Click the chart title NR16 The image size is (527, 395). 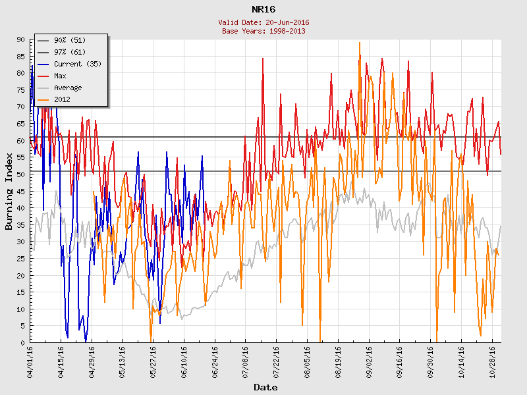pos(263,9)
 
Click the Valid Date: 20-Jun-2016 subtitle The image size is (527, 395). pos(263,22)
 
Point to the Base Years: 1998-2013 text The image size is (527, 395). pos(263,31)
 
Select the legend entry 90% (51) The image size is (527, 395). pos(70,40)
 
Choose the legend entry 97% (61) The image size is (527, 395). pos(70,52)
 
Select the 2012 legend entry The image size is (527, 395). pos(62,99)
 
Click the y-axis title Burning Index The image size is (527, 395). pos(9,191)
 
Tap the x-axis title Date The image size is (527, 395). pos(265,387)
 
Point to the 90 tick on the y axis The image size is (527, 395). pos(20,39)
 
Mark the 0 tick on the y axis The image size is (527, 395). pos(22,342)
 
